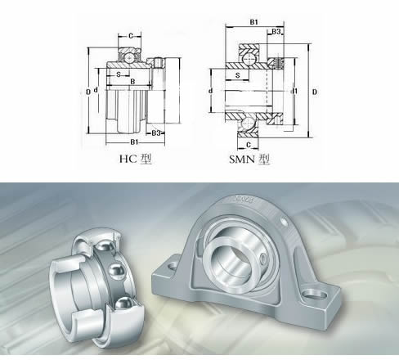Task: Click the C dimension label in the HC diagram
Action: point(131,36)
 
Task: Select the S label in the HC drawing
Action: point(119,74)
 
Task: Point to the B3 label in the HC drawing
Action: point(156,133)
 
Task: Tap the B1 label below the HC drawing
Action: point(133,142)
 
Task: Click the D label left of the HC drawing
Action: point(88,92)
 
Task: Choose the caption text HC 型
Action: point(136,159)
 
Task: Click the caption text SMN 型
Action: point(249,159)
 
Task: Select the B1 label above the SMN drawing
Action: point(254,22)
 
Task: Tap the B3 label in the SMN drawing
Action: point(276,31)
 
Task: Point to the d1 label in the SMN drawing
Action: point(294,91)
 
